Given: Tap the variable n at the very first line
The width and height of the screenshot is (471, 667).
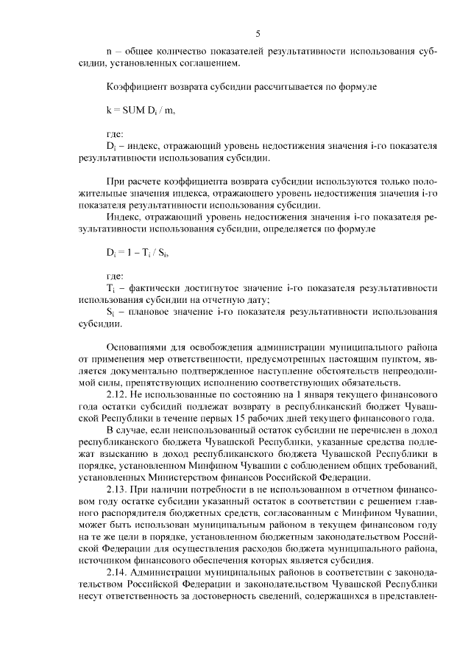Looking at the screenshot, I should click(109, 52).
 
